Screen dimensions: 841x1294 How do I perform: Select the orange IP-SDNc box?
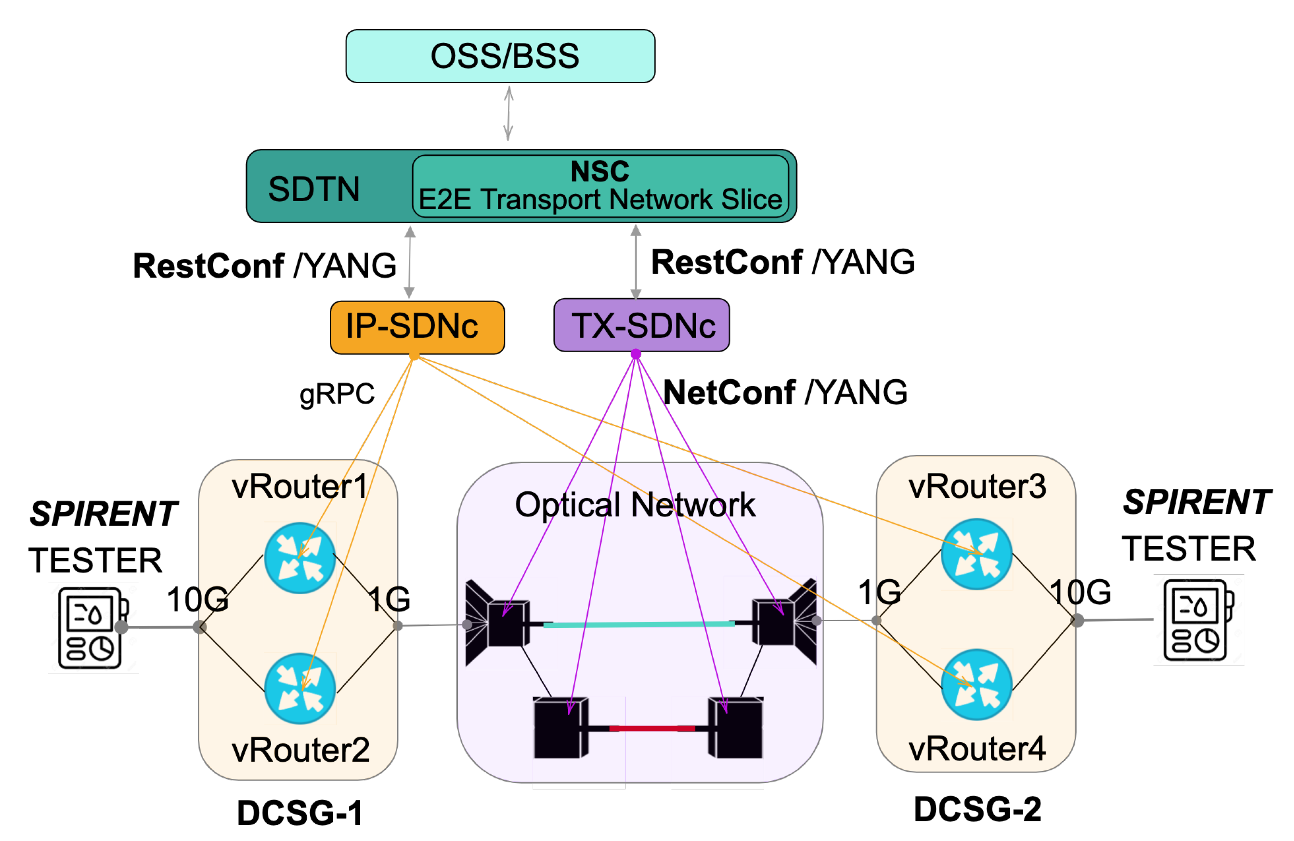[417, 327]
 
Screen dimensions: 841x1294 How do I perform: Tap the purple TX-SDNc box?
[641, 325]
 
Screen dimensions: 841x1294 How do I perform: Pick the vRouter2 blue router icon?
[300, 688]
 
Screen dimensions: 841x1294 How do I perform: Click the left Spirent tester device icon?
[93, 627]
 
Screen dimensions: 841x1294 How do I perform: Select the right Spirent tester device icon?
[1198, 619]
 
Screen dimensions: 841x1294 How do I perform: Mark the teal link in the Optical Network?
[639, 624]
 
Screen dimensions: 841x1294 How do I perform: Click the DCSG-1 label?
[300, 813]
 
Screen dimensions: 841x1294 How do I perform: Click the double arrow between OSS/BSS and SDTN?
[508, 113]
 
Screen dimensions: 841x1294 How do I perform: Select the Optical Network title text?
[634, 504]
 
